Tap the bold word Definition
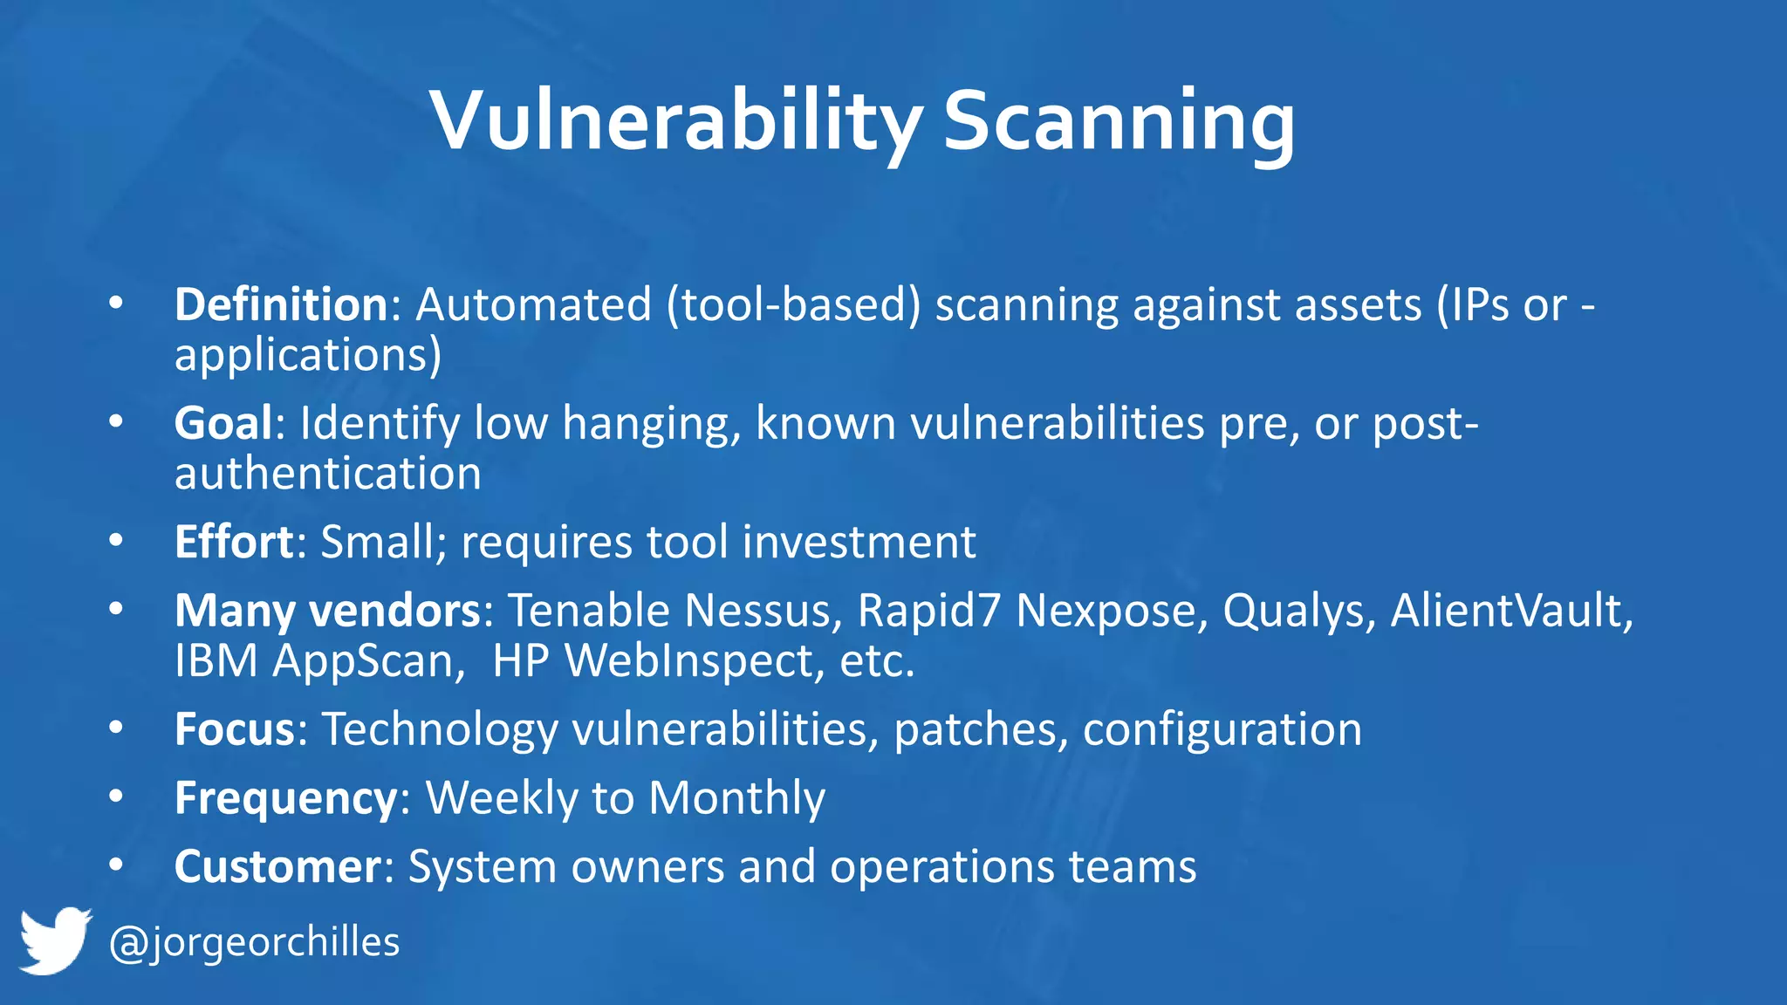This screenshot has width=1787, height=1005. click(281, 304)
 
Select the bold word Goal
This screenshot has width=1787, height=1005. click(224, 423)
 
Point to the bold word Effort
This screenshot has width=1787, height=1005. click(235, 542)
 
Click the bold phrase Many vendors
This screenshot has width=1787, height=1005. click(327, 610)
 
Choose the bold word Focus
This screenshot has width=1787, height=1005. click(235, 728)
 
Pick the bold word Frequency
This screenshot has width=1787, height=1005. click(286, 797)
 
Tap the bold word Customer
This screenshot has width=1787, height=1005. click(277, 866)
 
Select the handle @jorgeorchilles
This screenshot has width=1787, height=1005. click(254, 942)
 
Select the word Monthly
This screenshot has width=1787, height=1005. click(736, 797)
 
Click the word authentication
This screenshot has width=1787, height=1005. click(327, 474)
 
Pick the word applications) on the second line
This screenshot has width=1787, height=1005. click(308, 355)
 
